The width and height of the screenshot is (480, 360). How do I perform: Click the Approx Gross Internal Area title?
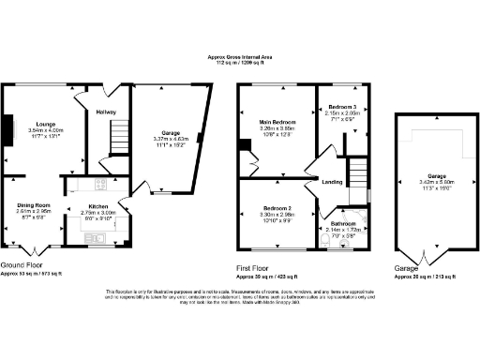[241, 57]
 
